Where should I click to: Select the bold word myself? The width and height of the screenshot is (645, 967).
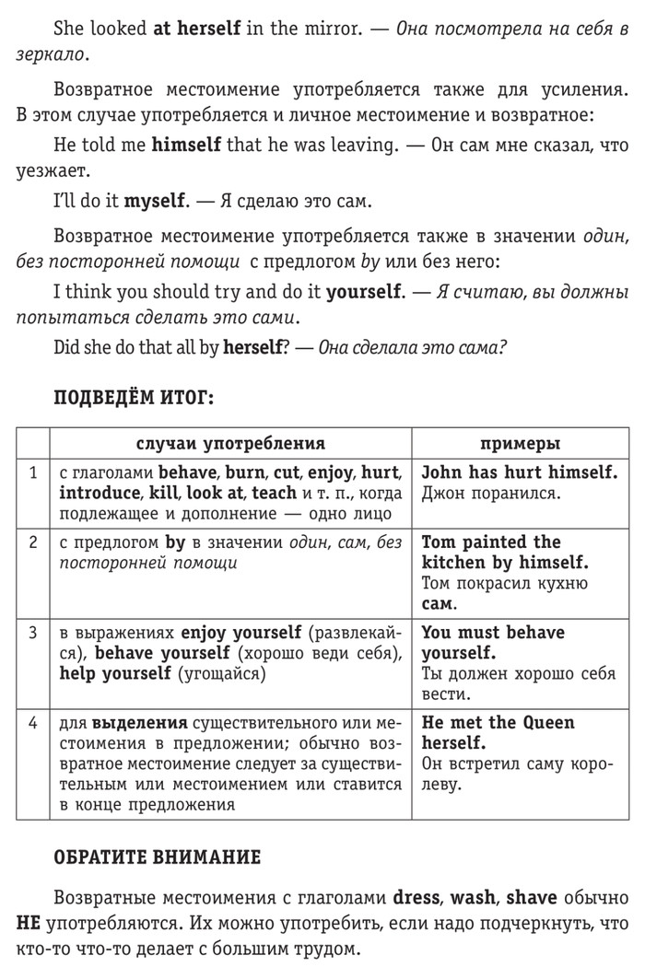pos(156,200)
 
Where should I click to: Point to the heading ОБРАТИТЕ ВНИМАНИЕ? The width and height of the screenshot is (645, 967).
pos(158,856)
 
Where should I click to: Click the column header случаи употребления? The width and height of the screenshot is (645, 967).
pos(230,444)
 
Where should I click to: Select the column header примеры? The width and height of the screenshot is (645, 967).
pos(520,444)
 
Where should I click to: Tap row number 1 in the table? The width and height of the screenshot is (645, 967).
pos(33,472)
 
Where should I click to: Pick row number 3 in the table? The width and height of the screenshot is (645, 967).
pos(33,633)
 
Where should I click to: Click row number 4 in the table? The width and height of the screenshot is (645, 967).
pos(33,723)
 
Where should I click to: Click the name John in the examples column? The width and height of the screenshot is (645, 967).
pos(441,472)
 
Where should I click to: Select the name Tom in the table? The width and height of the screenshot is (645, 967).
pos(439,542)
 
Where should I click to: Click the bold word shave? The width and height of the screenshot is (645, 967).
pos(533,897)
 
